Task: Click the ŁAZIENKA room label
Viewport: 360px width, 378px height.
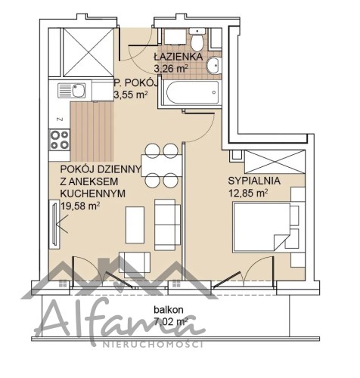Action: [x=178, y=57]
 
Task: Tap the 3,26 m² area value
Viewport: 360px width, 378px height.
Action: [x=171, y=69]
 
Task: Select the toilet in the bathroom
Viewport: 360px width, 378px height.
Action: [x=197, y=39]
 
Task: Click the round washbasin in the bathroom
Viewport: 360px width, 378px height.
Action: [x=214, y=65]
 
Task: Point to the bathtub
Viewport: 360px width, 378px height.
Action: [x=190, y=92]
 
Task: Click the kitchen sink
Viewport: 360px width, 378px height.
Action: [x=72, y=91]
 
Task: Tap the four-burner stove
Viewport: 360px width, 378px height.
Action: [x=60, y=140]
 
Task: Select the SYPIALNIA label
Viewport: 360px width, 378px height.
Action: [x=254, y=181]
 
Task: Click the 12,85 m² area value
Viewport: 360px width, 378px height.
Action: [x=248, y=193]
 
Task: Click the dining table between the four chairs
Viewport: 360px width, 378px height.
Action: [x=162, y=166]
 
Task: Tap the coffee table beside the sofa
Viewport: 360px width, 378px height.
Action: [x=135, y=225]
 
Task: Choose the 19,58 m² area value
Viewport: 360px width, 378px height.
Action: [x=80, y=206]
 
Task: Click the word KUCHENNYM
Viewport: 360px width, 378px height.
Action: [x=93, y=194]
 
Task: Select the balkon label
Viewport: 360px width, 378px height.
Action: [x=169, y=310]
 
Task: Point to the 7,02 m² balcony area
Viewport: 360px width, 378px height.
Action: [x=171, y=321]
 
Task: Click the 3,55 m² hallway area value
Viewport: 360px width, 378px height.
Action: [x=131, y=95]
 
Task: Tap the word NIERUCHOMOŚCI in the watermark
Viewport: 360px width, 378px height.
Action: [x=153, y=344]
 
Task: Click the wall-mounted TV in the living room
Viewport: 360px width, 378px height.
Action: [x=54, y=223]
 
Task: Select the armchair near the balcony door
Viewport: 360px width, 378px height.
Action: [x=135, y=262]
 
